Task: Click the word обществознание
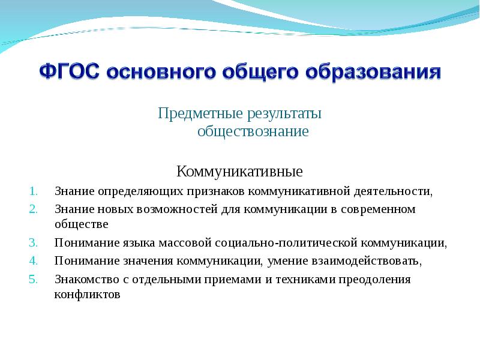(253, 131)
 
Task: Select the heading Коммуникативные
(239, 172)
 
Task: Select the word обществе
(81, 224)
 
